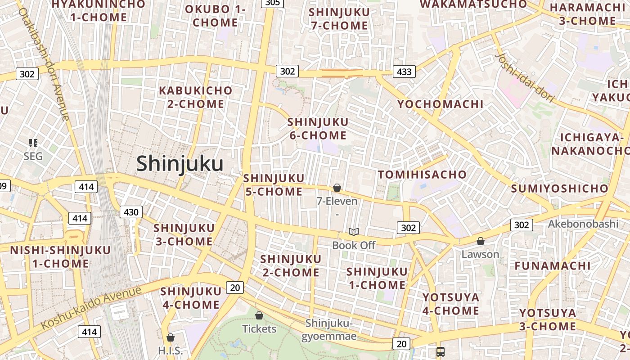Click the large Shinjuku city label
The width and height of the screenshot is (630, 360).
[180, 163]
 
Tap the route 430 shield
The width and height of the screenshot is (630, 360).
[131, 212]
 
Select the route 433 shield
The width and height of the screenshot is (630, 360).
[404, 71]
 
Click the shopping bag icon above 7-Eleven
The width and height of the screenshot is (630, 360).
[337, 188]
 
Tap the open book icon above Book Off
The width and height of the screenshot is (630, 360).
[354, 232]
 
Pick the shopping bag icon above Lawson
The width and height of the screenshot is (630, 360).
[481, 241]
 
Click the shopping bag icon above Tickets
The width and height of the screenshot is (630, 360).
[259, 315]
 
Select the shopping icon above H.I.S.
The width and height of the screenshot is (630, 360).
[171, 337]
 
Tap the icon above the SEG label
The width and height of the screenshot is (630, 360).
[33, 143]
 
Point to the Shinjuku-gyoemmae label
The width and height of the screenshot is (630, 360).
[331, 329]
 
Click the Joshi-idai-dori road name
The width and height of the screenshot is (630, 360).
[524, 77]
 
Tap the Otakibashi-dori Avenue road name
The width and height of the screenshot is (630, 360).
[44, 63]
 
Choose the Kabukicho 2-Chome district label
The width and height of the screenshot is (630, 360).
[195, 97]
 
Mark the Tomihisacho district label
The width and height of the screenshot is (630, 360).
[422, 175]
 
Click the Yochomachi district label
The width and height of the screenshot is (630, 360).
[440, 104]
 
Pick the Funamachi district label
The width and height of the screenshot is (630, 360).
[553, 266]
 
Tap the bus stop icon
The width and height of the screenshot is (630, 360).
[441, 352]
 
